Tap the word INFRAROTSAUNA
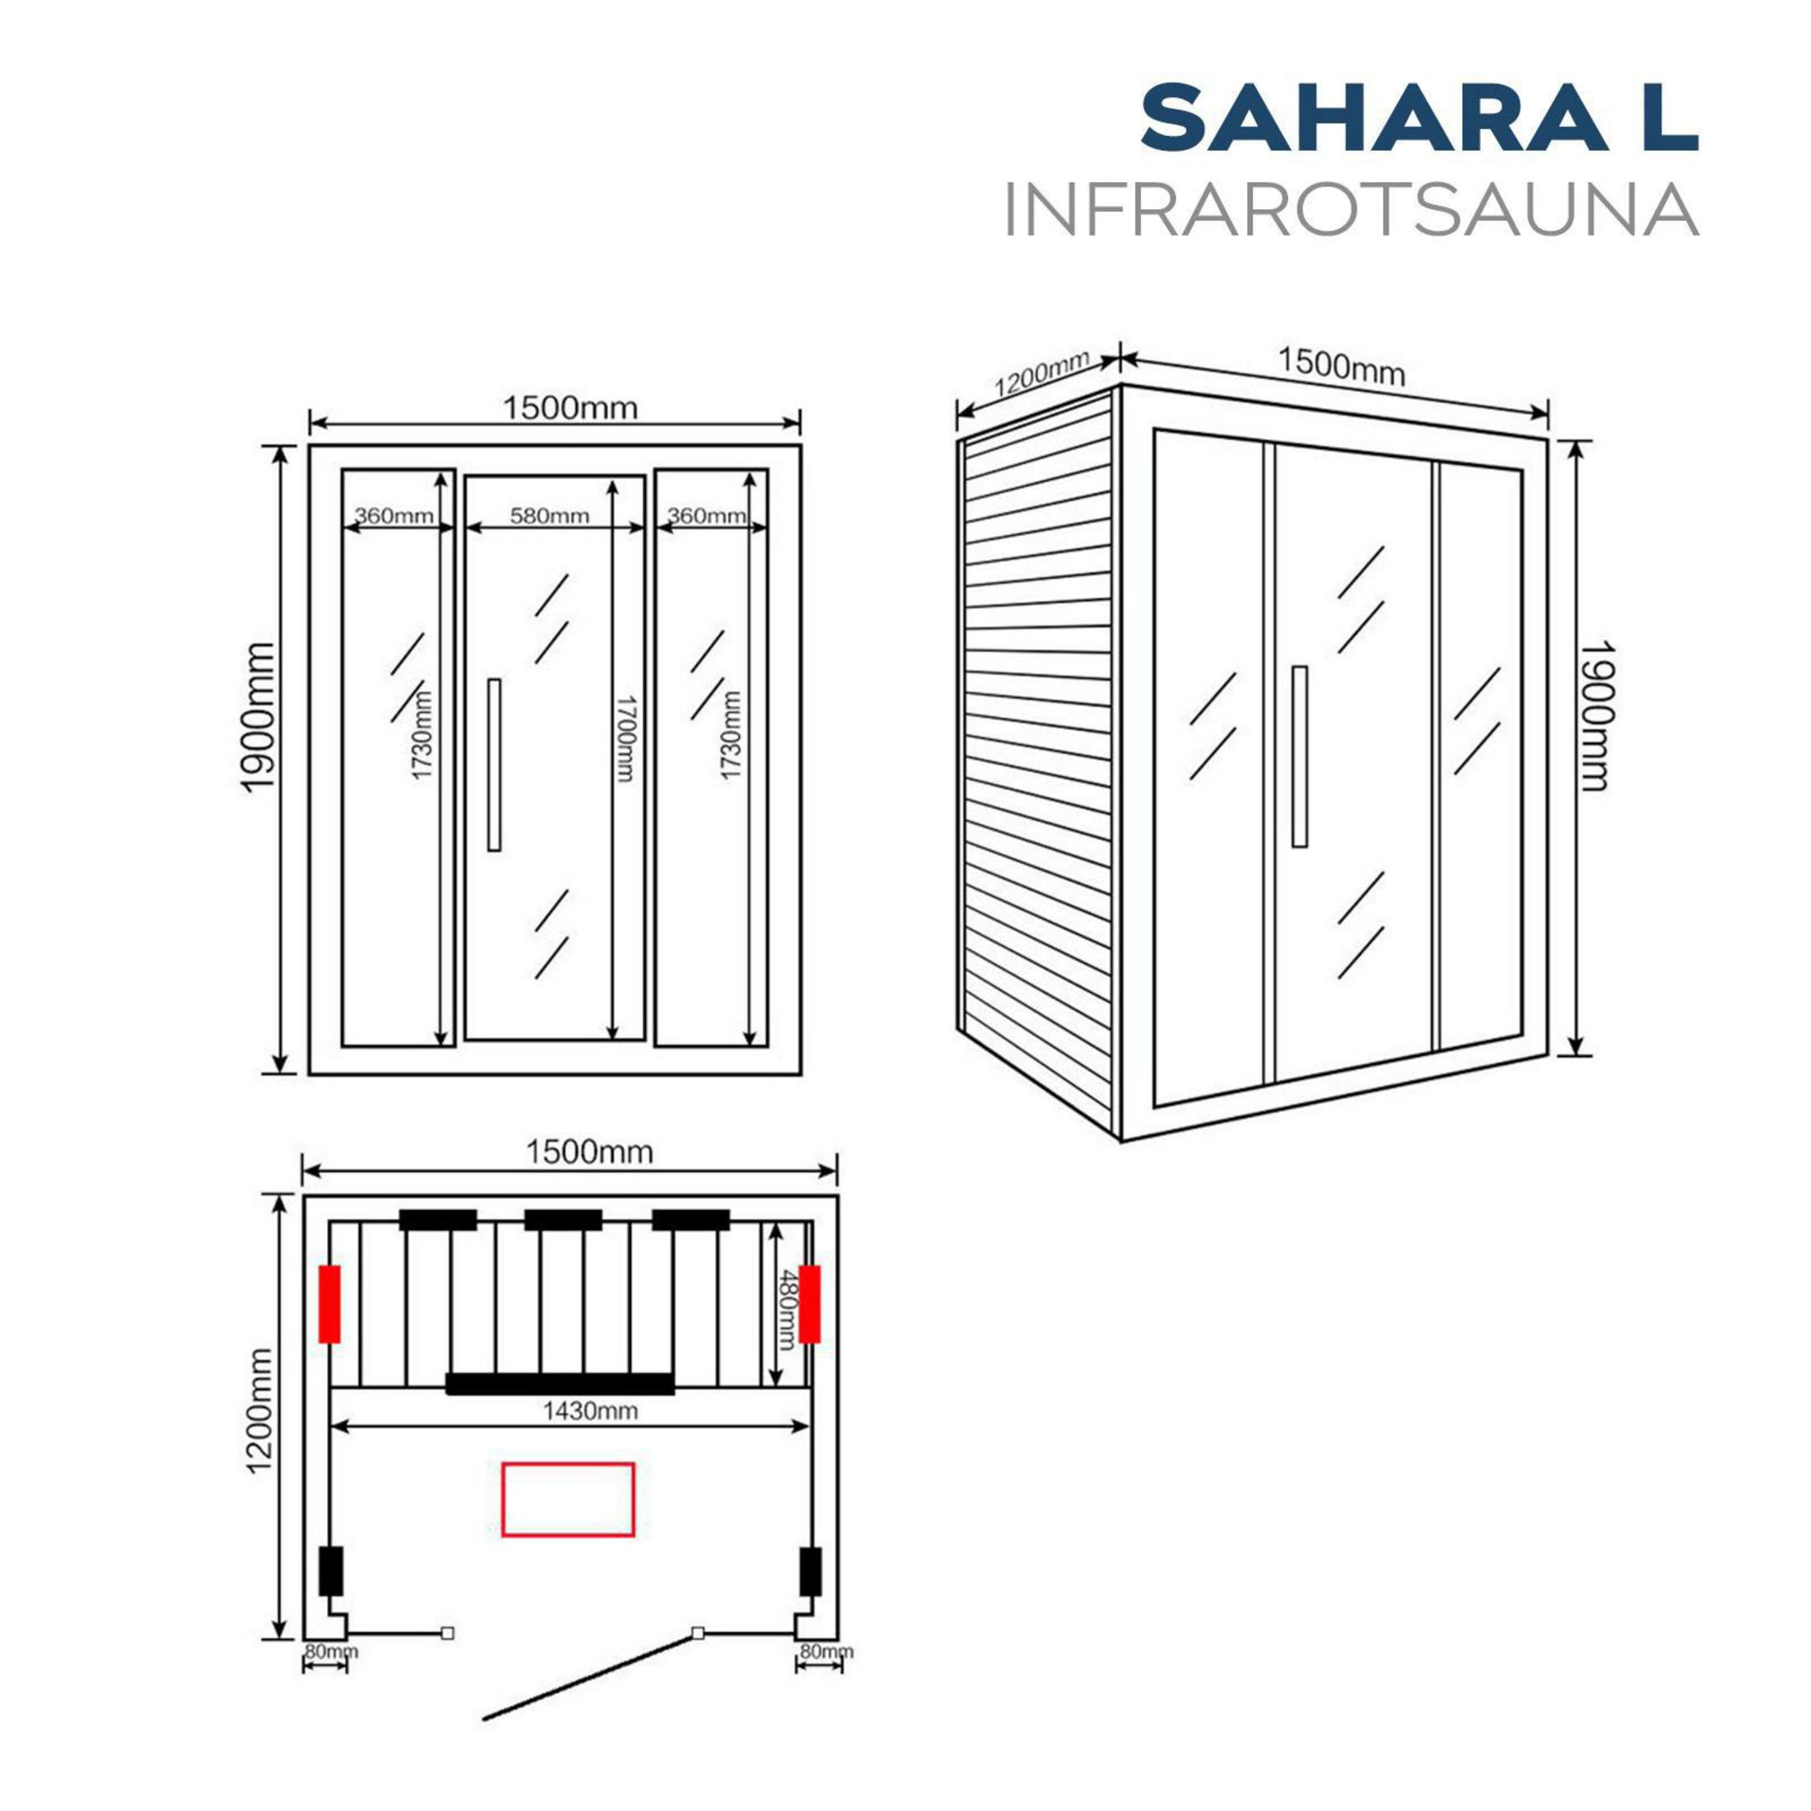1351,212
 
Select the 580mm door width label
549,515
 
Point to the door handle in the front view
494,765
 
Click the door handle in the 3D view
1299,757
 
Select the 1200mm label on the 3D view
1041,372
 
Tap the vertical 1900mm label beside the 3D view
1594,715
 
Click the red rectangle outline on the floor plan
568,1499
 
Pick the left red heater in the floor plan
329,1304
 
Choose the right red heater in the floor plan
810,1304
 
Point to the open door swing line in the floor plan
589,1675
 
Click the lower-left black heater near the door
330,1571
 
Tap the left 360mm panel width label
393,515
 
